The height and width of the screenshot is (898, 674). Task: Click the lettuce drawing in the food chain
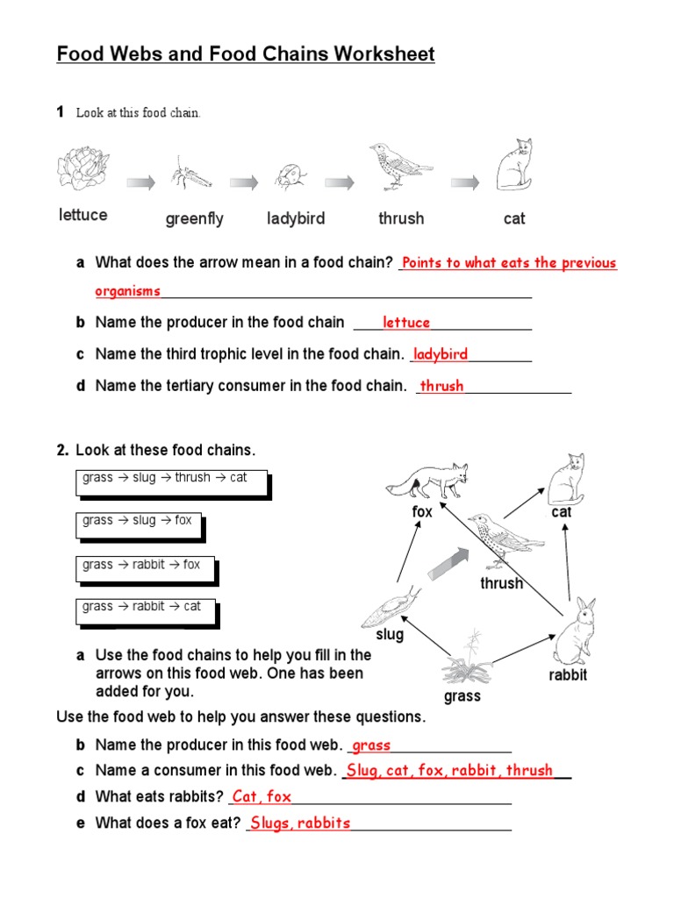point(82,167)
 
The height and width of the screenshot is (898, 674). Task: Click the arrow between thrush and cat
point(465,182)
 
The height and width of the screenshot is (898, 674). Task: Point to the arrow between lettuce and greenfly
point(140,182)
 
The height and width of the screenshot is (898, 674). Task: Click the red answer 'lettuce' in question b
point(406,323)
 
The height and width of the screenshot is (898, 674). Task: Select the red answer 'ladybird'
point(441,354)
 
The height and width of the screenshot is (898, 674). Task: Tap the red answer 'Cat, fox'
point(262,796)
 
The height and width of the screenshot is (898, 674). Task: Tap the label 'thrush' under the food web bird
point(501,583)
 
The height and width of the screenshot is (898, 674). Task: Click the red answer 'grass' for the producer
point(371,745)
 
